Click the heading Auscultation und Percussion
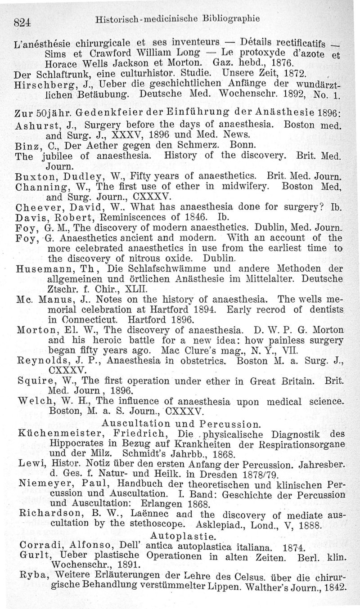point(181,423)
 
